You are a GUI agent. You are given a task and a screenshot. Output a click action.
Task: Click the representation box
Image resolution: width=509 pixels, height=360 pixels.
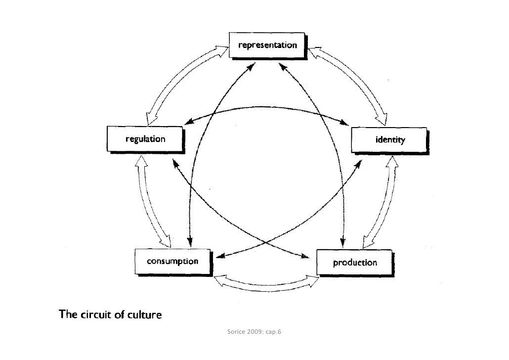pyautogui.click(x=268, y=45)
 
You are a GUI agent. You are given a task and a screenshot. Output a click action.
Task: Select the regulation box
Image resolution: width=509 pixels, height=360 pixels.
pyautogui.click(x=145, y=139)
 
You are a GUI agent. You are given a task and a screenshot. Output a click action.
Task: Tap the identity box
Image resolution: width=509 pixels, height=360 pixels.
pyautogui.click(x=389, y=140)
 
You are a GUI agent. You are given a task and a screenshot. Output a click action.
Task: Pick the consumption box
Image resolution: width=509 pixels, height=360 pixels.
pyautogui.click(x=172, y=261)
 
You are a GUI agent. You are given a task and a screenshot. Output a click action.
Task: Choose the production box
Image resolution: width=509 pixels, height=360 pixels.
pyautogui.click(x=354, y=263)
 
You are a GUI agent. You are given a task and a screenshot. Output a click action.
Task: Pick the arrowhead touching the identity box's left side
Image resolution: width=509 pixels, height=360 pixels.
pyautogui.click(x=346, y=122)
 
